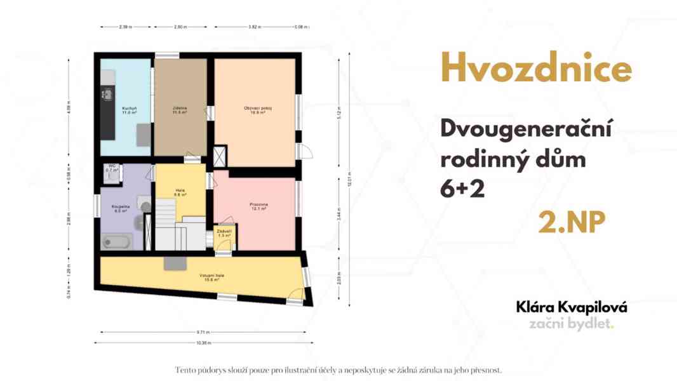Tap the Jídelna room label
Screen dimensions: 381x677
click(180, 110)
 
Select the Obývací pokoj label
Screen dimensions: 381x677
click(258, 109)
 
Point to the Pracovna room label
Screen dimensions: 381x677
click(258, 206)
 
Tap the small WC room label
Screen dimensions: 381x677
click(112, 168)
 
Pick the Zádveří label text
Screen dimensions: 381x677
click(224, 233)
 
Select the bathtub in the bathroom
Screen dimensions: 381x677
click(117, 242)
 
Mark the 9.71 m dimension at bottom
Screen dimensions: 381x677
click(203, 332)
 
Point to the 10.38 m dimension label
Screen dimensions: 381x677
click(203, 343)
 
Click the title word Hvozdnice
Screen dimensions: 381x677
click(536, 69)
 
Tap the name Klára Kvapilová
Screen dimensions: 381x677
click(572, 307)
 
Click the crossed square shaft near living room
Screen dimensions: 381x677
click(220, 156)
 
